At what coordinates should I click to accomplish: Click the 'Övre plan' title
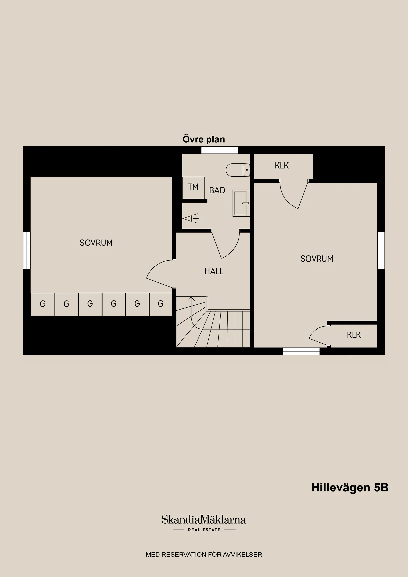tap(204, 139)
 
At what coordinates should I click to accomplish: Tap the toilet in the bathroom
tap(238, 170)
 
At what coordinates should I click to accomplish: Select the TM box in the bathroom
tap(193, 187)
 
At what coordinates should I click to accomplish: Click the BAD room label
tap(217, 191)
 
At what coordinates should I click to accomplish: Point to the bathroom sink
tap(241, 203)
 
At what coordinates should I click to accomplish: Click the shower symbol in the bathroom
tap(190, 218)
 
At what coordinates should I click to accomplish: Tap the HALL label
tap(214, 271)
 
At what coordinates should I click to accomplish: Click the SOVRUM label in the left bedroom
tap(96, 243)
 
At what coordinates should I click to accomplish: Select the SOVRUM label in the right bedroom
tap(317, 259)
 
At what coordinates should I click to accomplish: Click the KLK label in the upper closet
tap(282, 166)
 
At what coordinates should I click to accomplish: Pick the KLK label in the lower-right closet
tap(354, 335)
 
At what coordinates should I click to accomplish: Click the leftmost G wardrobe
tap(43, 304)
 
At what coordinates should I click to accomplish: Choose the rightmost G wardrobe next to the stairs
tap(160, 304)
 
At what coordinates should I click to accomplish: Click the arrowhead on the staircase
tap(191, 299)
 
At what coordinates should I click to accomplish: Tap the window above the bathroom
tap(220, 150)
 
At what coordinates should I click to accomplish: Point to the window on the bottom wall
tap(301, 351)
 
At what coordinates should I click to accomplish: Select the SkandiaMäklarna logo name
tap(204, 520)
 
